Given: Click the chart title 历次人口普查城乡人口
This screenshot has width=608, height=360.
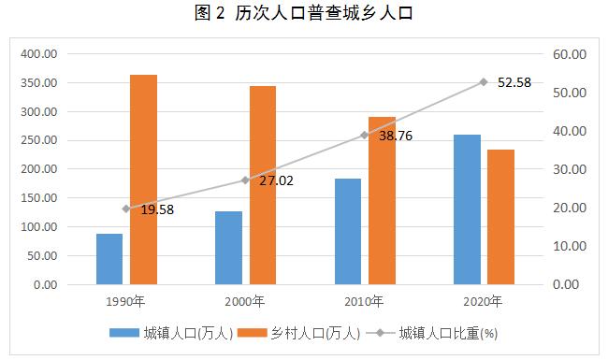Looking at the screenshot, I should tap(304, 14).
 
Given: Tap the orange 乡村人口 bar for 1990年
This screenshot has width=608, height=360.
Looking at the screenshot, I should tap(143, 179).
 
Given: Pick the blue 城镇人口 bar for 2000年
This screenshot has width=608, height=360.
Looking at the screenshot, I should tap(228, 248).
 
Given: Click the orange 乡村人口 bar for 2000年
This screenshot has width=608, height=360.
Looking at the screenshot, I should tap(263, 185).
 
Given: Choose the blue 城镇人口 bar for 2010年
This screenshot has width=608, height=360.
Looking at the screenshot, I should tap(348, 231).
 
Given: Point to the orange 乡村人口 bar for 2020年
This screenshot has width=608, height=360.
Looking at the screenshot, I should tap(500, 217).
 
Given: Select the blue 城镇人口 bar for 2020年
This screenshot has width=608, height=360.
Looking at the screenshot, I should tap(467, 209).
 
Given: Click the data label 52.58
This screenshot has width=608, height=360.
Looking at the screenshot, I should tap(514, 82).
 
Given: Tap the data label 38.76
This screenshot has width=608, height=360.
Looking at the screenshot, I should tap(395, 136).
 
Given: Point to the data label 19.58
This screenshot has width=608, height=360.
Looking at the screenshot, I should tap(156, 210).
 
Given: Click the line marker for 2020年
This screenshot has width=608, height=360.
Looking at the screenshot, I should tap(484, 82).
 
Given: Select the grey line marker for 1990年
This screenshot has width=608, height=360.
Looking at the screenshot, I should tap(126, 209).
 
